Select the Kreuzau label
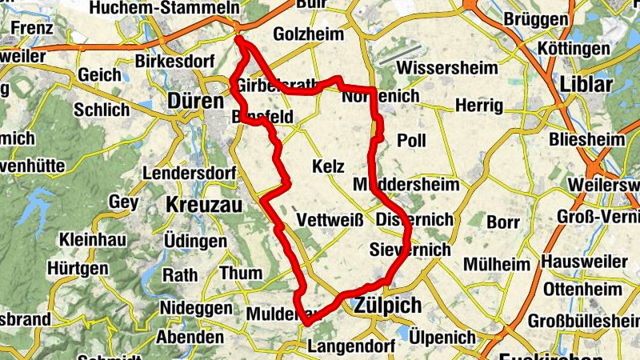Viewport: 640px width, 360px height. (x=203, y=205)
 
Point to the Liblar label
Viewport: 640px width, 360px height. (x=586, y=85)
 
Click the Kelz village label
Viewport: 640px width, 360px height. (x=329, y=167)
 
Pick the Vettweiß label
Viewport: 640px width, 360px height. (x=330, y=220)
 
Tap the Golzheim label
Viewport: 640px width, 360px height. (x=308, y=35)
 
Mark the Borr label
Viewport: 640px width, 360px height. (x=503, y=220)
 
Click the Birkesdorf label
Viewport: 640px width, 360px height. (x=171, y=60)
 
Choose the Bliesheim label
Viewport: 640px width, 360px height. (x=586, y=140)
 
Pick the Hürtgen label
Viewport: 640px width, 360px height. (x=77, y=269)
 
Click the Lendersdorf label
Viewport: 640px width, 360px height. (x=188, y=174)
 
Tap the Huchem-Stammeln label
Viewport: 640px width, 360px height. (x=165, y=8)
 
